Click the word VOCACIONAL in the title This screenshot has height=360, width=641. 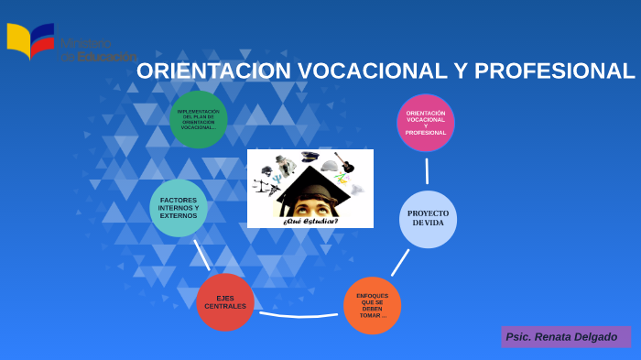[371, 71]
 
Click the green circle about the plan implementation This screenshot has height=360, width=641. [199, 120]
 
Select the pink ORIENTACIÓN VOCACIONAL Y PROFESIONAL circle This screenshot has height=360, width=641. [426, 123]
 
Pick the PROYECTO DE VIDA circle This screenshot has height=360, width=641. [428, 219]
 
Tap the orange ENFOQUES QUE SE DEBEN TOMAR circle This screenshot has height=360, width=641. [373, 305]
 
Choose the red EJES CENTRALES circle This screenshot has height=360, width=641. [225, 302]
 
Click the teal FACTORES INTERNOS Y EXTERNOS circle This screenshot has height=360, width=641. [179, 208]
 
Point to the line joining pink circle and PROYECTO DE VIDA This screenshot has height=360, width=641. [427, 170]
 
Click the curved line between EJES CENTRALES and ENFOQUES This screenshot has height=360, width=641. [299, 315]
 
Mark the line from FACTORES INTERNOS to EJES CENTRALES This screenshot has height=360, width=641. [201, 255]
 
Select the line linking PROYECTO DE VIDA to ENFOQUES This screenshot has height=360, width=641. [400, 263]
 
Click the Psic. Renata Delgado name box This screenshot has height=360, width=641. [565, 336]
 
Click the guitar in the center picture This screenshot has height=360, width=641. [345, 163]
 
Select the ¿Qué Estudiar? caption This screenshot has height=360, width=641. [310, 222]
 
